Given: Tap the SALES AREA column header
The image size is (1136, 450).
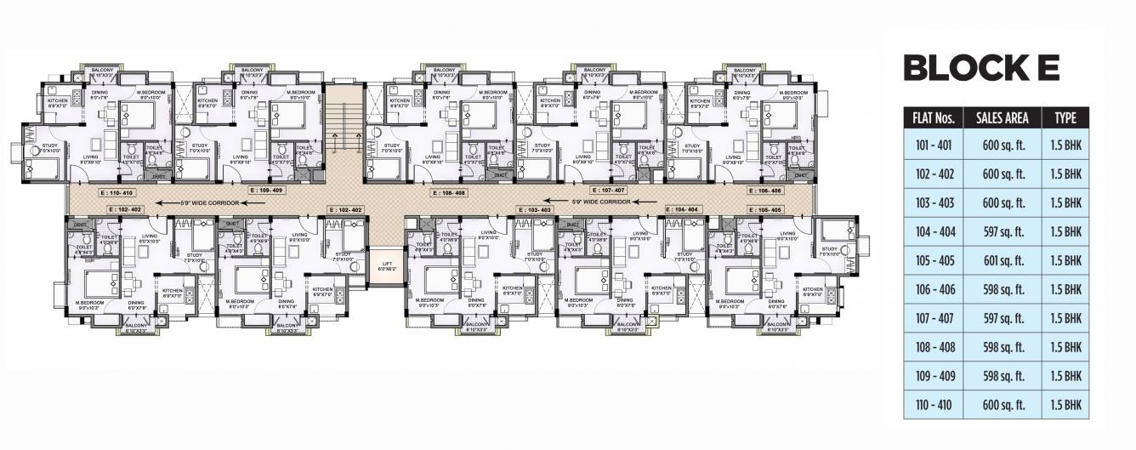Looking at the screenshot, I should pyautogui.click(x=1005, y=117).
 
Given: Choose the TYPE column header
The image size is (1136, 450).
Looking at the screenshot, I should pyautogui.click(x=1065, y=117).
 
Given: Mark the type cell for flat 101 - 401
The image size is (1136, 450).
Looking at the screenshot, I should pyautogui.click(x=1065, y=145).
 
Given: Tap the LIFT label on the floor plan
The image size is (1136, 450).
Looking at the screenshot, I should pyautogui.click(x=386, y=264).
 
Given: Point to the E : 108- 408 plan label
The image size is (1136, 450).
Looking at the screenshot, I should pyautogui.click(x=448, y=193).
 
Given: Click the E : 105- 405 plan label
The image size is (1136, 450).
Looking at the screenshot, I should pyautogui.click(x=764, y=209).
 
